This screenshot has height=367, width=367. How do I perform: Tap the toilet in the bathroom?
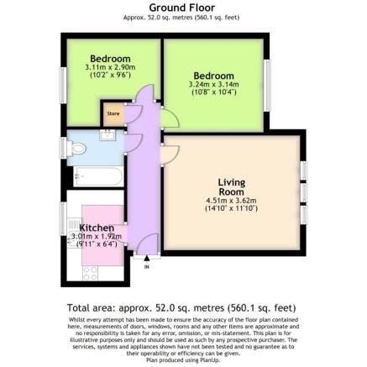(x=77, y=149)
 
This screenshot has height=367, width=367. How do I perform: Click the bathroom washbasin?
(x=107, y=135)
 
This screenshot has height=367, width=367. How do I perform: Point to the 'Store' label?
(x=112, y=113)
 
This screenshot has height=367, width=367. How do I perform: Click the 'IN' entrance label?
(x=147, y=267)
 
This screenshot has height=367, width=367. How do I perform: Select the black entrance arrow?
(x=147, y=260)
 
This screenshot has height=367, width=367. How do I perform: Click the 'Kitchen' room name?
(x=96, y=228)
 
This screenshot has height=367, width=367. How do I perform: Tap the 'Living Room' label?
(x=231, y=186)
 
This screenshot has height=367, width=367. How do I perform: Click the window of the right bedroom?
(x=267, y=80)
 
